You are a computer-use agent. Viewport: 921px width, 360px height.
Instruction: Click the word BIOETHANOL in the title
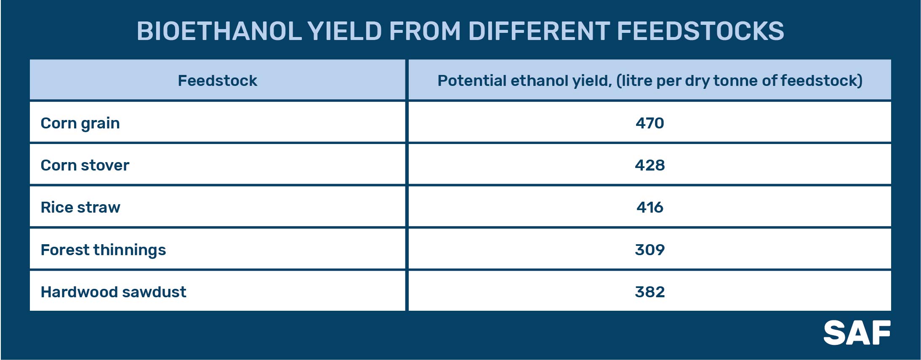[x=219, y=31]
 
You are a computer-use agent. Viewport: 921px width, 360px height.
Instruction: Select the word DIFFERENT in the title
[x=539, y=31]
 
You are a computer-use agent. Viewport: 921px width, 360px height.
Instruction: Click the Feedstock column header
[x=217, y=80]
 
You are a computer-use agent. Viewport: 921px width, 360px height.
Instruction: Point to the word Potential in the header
[x=472, y=80]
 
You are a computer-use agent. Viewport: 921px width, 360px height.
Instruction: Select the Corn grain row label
[x=80, y=123]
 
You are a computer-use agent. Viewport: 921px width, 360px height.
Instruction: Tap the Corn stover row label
[x=85, y=165]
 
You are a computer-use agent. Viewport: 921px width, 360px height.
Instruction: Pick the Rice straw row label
[x=80, y=207]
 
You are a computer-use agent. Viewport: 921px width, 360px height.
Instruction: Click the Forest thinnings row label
[x=103, y=250]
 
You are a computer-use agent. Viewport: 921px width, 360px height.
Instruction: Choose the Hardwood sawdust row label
[x=113, y=292]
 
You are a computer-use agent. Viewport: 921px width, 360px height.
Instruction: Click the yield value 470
[x=649, y=123]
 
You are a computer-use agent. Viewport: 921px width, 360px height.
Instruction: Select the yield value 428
[x=649, y=165]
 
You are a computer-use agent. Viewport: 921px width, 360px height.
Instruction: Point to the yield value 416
[x=649, y=207]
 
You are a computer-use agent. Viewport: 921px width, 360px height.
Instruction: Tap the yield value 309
[x=649, y=250]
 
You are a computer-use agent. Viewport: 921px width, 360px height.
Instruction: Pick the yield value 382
[x=649, y=292]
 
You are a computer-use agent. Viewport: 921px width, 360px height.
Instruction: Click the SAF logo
[x=857, y=333]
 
